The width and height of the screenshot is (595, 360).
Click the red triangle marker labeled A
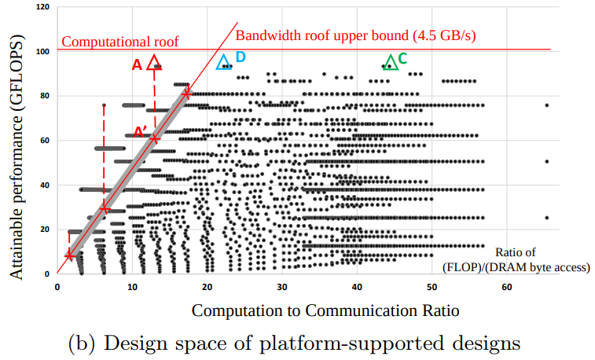click(x=154, y=63)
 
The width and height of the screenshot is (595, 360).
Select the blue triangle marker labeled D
click(x=224, y=62)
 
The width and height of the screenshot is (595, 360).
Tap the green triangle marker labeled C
click(x=391, y=61)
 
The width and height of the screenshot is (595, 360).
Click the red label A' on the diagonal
click(x=139, y=131)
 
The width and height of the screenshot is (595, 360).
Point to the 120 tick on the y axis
click(x=42, y=7)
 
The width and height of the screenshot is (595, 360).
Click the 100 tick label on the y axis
click(x=42, y=51)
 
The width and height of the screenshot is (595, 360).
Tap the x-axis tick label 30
click(x=282, y=286)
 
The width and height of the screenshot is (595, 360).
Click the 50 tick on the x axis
click(x=432, y=286)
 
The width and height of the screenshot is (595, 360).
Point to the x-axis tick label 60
click(x=507, y=286)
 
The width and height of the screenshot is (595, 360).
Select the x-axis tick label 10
click(x=132, y=286)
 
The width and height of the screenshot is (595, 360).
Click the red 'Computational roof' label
click(x=120, y=41)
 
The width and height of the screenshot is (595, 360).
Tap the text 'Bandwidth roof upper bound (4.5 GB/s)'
click(x=356, y=35)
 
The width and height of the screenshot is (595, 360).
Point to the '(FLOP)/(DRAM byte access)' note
click(x=516, y=266)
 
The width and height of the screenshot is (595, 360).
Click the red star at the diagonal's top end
click(x=186, y=94)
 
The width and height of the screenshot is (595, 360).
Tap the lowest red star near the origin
click(x=70, y=255)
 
